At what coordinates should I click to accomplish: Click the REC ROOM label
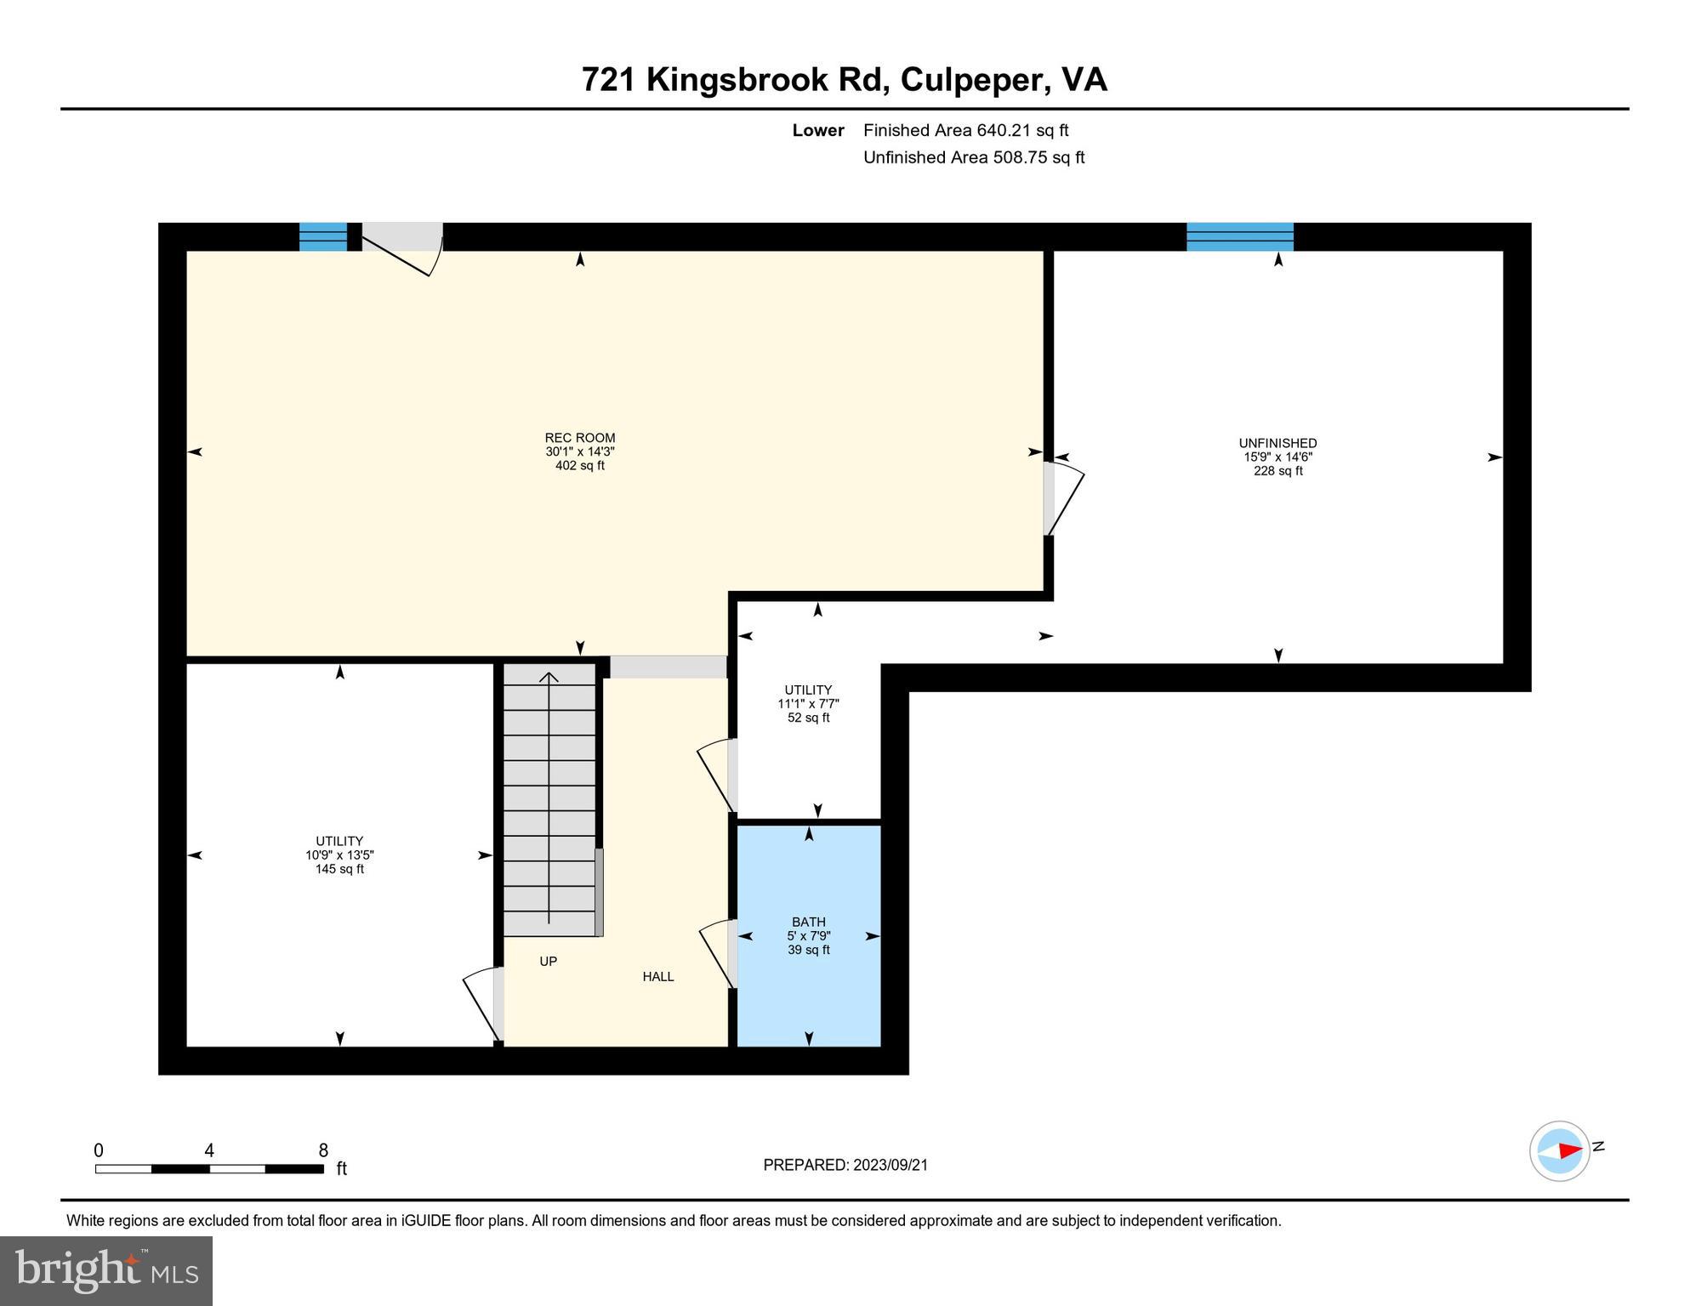point(579,438)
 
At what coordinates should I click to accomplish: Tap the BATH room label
point(808,922)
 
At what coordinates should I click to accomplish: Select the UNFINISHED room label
point(1277,443)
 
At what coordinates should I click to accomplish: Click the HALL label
point(657,977)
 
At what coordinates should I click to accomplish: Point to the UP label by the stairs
point(548,962)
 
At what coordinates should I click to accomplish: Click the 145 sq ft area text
point(339,869)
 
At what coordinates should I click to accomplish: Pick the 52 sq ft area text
point(808,718)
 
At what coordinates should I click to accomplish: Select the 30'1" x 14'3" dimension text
point(579,452)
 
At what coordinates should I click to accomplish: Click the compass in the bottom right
point(1560,1151)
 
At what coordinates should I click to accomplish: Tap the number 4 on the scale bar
point(209,1150)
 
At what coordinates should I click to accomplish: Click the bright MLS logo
point(106,1270)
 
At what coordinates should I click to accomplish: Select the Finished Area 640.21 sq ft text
point(965,130)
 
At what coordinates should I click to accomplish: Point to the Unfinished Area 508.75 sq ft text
point(973,157)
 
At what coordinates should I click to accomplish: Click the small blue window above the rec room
point(323,236)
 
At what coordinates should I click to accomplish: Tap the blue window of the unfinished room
point(1239,236)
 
